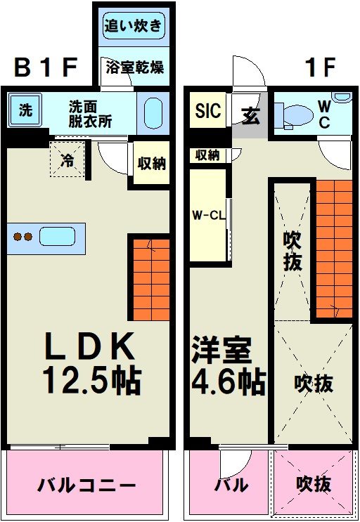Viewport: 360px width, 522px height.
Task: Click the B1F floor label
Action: [45, 68]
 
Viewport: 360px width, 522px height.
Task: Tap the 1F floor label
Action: [320, 68]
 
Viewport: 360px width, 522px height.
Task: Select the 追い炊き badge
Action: [134, 27]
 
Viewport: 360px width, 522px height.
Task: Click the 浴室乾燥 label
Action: [134, 67]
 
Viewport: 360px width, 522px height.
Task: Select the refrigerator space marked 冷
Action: [67, 159]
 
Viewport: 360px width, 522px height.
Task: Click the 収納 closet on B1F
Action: [151, 164]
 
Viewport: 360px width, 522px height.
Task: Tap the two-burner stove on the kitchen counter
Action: [22, 237]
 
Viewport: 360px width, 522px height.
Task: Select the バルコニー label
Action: [86, 485]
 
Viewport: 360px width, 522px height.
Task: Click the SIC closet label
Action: [207, 111]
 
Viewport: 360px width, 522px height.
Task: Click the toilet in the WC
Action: [295, 115]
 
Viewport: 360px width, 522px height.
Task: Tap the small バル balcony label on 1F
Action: [231, 485]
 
